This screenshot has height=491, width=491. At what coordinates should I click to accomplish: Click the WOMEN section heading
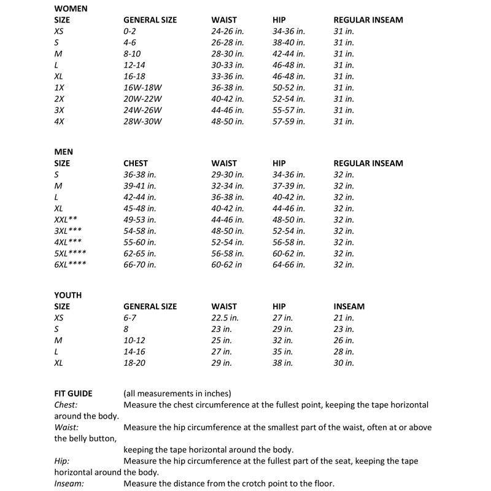[69, 9]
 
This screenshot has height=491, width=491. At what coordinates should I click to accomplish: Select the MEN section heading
[64, 152]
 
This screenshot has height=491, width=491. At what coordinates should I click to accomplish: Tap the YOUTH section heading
[68, 295]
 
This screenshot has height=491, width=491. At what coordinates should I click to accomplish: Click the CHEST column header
[136, 163]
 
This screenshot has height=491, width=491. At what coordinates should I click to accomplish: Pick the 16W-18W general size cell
[141, 88]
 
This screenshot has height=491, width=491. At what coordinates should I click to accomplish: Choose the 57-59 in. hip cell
[288, 122]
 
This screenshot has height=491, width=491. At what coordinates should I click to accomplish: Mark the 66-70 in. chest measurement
[140, 265]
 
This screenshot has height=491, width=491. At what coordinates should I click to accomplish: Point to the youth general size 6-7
[131, 318]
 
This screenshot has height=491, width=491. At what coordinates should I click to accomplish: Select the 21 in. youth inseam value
[344, 318]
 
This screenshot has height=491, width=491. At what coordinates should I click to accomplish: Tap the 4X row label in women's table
[59, 122]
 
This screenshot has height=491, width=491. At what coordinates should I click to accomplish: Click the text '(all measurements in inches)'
[177, 393]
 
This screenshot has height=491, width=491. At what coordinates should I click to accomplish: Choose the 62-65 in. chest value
[140, 253]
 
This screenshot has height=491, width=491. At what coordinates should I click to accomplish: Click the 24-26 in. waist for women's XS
[228, 31]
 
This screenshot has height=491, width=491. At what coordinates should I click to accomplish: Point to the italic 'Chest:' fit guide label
[66, 405]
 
